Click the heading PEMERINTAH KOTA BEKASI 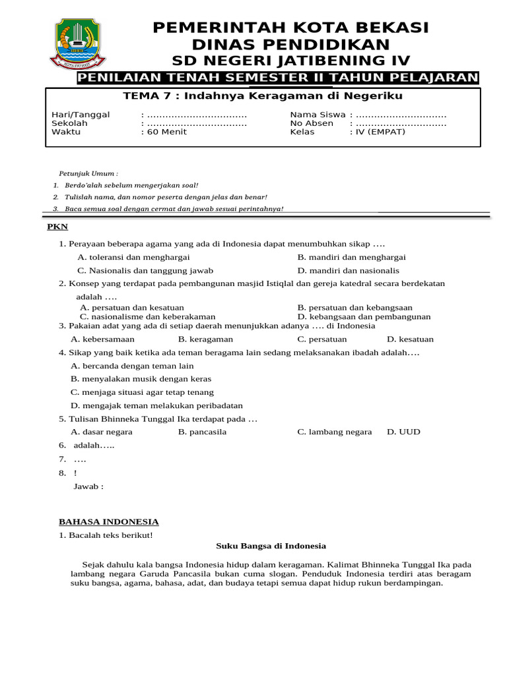pyautogui.click(x=290, y=28)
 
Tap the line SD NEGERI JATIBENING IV pyautogui.click(x=290, y=61)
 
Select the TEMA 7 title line pyautogui.click(x=263, y=96)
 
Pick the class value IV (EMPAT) pyautogui.click(x=377, y=132)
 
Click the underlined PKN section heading pyautogui.click(x=57, y=227)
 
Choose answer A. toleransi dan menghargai pyautogui.click(x=133, y=257)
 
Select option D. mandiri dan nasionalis pyautogui.click(x=348, y=270)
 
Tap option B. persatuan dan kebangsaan pyautogui.click(x=355, y=307)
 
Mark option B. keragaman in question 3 pyautogui.click(x=205, y=339)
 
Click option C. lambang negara pyautogui.click(x=334, y=432)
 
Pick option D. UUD pyautogui.click(x=403, y=432)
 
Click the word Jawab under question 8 pyautogui.click(x=88, y=486)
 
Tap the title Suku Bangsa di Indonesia pyautogui.click(x=271, y=546)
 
